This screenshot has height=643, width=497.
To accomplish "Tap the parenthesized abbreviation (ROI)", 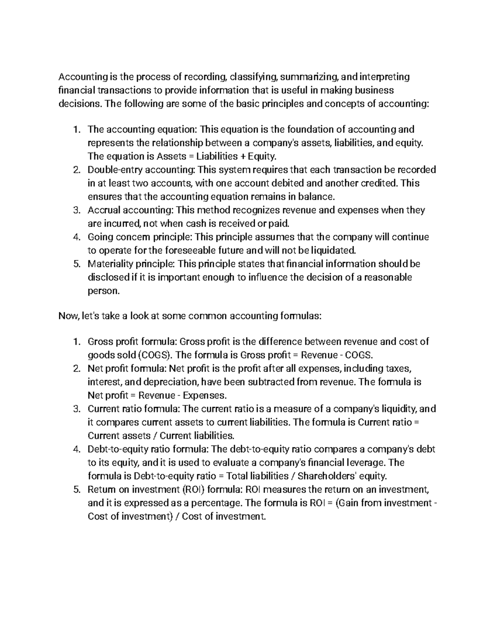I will click(x=193, y=490).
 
